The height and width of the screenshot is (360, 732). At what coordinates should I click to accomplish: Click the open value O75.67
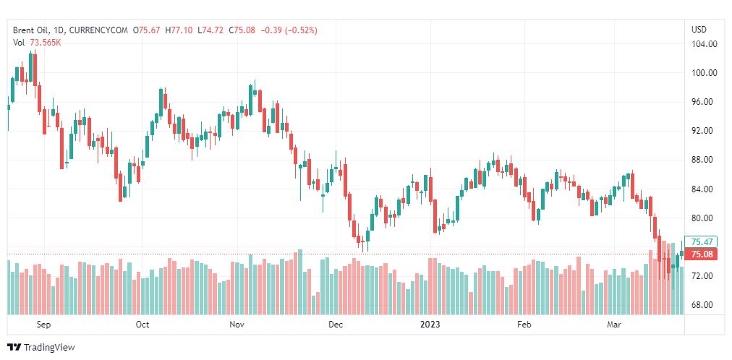149,30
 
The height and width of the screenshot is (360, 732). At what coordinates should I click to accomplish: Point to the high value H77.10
180,30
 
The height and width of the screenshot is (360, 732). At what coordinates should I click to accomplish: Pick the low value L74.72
210,30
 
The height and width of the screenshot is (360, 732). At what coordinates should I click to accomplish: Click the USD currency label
699,30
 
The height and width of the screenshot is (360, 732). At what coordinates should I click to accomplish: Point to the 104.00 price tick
704,43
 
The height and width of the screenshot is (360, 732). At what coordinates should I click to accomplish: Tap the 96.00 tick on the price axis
704,102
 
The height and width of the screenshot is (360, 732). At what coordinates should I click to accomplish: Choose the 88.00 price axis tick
704,160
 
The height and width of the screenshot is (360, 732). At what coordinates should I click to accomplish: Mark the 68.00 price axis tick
704,305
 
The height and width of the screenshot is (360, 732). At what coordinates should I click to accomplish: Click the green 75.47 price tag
702,242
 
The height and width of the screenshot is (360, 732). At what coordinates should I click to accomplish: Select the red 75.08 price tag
702,254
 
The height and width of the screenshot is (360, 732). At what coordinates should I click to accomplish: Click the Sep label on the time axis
43,325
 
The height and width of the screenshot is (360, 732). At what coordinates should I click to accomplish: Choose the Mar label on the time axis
615,325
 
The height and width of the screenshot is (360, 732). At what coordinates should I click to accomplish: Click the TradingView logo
41,348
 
